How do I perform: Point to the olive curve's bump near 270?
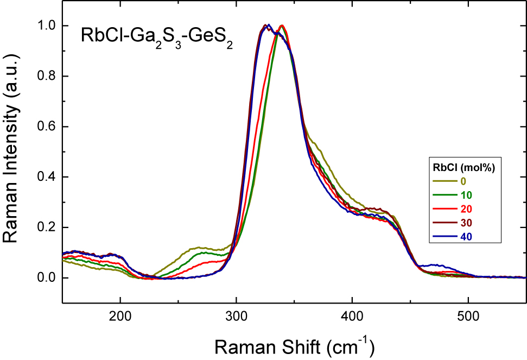pos(200,248)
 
